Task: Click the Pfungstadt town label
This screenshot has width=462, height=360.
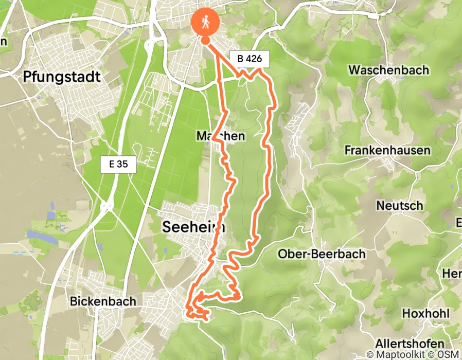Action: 62,77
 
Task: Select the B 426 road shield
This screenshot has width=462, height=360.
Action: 250,59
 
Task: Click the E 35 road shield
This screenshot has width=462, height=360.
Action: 118,165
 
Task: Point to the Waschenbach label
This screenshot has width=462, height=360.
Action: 388,69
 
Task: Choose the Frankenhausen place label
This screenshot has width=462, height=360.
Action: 387,151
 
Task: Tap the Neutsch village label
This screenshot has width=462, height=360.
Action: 400,205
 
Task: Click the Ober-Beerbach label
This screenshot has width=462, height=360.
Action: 322,254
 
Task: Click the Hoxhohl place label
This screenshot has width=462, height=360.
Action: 426,313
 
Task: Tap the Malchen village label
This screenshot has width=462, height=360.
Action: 220,136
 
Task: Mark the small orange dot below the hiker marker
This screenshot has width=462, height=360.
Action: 205,40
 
